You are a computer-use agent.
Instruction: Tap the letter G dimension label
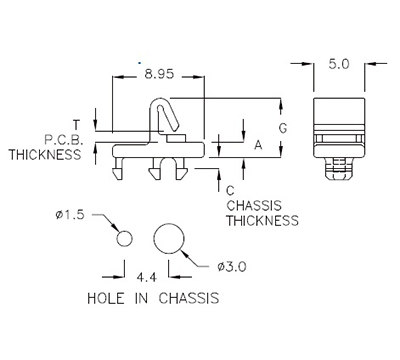[284, 127]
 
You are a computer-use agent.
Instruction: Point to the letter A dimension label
[258, 144]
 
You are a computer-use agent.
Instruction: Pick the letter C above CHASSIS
[231, 190]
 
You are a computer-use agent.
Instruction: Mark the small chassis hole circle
[125, 238]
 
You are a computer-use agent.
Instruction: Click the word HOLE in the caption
[108, 298]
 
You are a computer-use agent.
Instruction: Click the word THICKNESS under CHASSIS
[262, 220]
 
